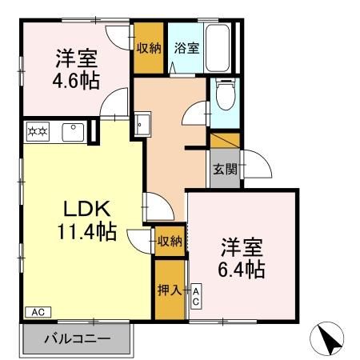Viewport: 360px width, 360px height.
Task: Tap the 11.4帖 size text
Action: pos(85,233)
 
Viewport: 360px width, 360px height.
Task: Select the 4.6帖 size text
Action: pos(77,81)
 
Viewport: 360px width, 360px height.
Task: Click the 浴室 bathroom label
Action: pos(187,47)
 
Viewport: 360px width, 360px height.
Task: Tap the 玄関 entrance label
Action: pos(224,170)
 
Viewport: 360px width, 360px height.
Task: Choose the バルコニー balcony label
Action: pos(77,340)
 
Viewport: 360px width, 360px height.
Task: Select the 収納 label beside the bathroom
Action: pos(149,47)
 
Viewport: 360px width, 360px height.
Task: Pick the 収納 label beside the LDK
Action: pos(169,240)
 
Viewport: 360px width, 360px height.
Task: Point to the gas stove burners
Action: pos(38,130)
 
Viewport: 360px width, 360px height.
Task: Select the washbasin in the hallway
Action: pos(142,126)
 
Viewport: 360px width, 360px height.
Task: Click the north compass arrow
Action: pos(330,340)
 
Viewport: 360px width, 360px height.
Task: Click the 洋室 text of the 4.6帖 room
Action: pos(77,58)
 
